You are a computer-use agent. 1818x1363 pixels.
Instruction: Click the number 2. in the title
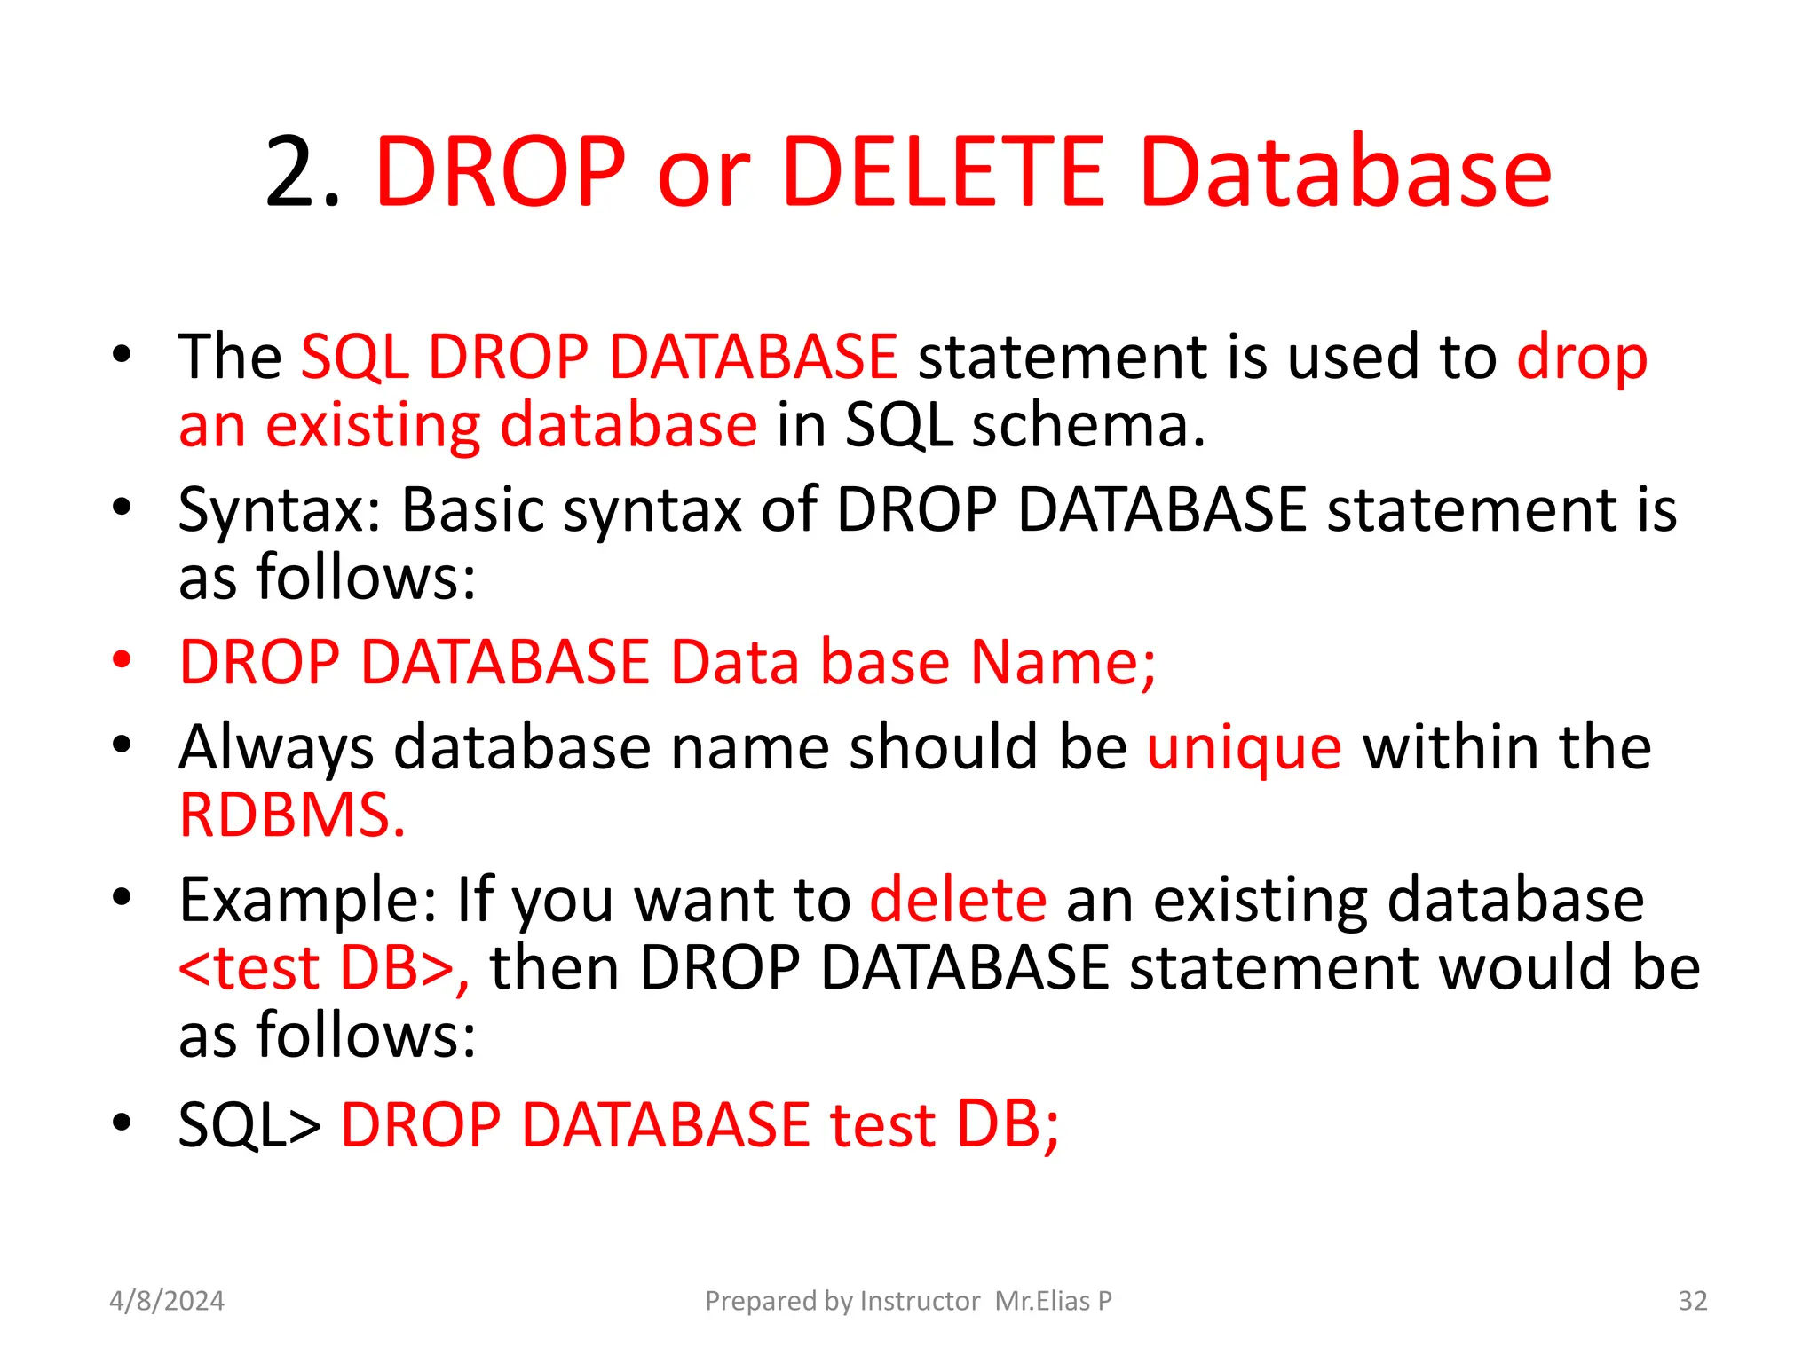(x=302, y=173)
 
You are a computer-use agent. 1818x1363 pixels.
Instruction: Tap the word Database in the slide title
(x=1345, y=173)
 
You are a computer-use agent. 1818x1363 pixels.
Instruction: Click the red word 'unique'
(x=1244, y=747)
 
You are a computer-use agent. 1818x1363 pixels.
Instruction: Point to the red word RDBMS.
(x=292, y=815)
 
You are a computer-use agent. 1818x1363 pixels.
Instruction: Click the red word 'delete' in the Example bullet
(x=958, y=900)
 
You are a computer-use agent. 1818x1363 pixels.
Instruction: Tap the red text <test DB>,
(x=324, y=967)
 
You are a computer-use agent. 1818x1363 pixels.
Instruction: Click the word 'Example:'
(x=307, y=900)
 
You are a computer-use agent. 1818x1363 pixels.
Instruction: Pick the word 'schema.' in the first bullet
(x=1088, y=425)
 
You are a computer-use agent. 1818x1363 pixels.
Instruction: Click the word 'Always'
(x=276, y=747)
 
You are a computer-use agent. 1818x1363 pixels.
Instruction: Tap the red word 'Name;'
(x=1063, y=662)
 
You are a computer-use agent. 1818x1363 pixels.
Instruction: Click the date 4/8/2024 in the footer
(x=167, y=1301)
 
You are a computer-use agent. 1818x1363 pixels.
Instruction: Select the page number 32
(x=1692, y=1301)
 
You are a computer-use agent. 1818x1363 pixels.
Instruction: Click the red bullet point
(x=123, y=661)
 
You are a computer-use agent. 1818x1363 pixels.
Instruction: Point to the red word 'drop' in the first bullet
(x=1582, y=358)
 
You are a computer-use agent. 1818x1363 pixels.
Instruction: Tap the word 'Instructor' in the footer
(x=920, y=1301)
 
